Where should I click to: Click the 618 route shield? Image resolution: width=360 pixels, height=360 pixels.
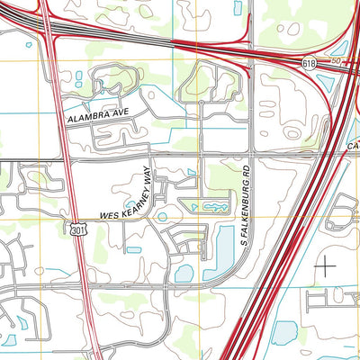pos(309,63)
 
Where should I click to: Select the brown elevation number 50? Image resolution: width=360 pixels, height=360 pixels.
pos(336,59)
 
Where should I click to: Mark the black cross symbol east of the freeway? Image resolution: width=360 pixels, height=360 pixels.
pos(325,265)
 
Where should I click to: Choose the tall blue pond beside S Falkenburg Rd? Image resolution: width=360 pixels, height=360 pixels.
pos(220,251)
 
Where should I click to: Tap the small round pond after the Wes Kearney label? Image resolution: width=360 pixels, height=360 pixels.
pos(162,216)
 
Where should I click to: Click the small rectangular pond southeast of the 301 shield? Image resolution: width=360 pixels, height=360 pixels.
pos(133,248)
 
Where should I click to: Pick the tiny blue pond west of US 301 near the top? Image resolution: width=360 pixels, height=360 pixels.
pos(30,42)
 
